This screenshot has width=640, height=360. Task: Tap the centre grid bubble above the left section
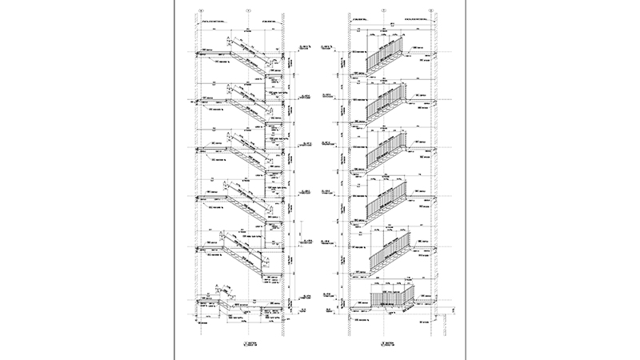pyautogui.click(x=249, y=10)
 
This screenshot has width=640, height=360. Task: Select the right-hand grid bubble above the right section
pyautogui.click(x=431, y=10)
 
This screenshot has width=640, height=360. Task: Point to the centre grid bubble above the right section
pyautogui.click(x=385, y=10)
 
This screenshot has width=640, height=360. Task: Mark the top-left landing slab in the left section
pyautogui.click(x=212, y=54)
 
